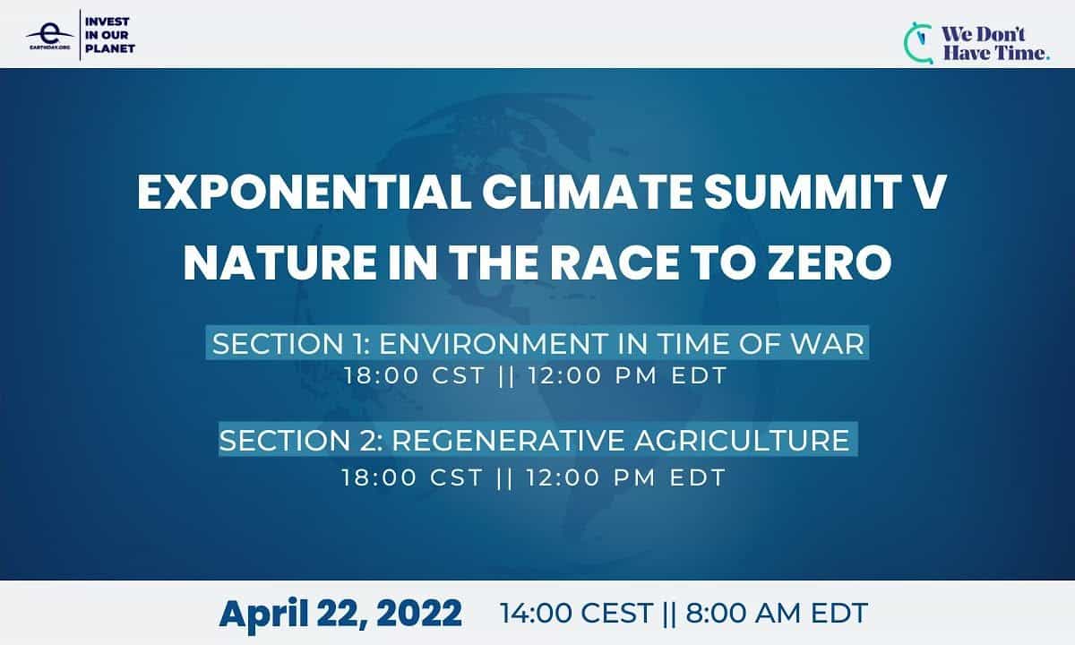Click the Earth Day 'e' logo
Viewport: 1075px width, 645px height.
click(49, 36)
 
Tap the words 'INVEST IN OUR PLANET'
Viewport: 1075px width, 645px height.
click(110, 35)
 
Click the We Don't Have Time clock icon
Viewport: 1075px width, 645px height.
click(918, 43)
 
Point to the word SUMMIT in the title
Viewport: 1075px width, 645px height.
click(802, 192)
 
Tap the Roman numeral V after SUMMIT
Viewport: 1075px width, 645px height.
click(929, 192)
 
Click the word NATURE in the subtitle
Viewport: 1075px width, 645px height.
click(279, 262)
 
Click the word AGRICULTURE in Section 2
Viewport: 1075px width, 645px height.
click(743, 440)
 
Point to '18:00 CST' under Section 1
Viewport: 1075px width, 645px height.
click(415, 375)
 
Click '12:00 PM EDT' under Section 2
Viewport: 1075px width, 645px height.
click(626, 477)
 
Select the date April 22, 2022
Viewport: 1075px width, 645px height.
click(340, 613)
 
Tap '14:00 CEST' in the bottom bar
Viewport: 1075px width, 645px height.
click(576, 613)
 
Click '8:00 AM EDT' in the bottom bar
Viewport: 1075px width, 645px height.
click(777, 613)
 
